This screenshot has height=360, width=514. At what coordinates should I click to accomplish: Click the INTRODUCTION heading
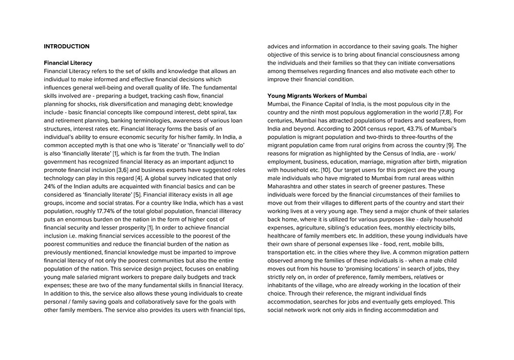[x=66, y=46]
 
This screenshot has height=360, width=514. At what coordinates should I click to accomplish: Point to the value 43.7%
[x=396, y=129]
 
